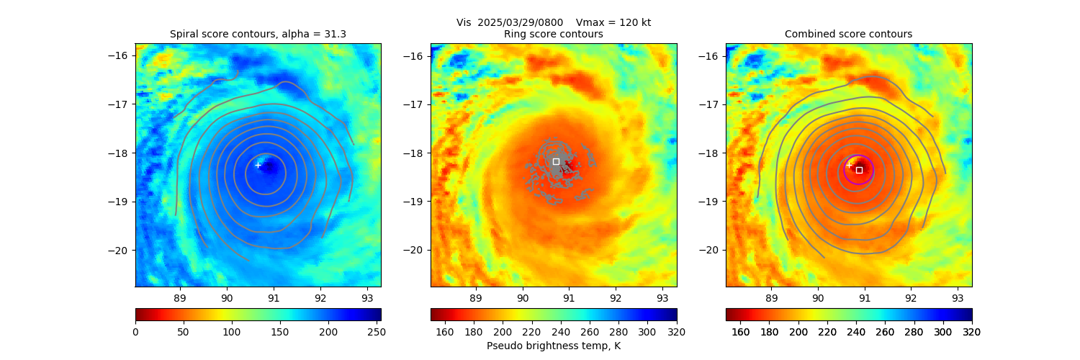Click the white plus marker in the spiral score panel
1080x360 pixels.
click(x=258, y=165)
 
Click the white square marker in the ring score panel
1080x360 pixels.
click(x=556, y=161)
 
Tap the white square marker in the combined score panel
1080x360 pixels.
click(x=859, y=170)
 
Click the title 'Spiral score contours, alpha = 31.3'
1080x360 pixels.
click(x=258, y=34)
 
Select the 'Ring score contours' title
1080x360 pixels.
click(x=554, y=34)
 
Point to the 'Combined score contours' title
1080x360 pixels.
click(x=848, y=34)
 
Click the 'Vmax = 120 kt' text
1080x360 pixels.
click(x=613, y=22)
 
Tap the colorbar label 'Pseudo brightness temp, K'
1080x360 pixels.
click(x=554, y=346)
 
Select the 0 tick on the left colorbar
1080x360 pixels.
click(x=135, y=331)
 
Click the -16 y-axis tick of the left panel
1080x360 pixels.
click(x=121, y=55)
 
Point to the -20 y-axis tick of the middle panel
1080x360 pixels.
click(x=416, y=250)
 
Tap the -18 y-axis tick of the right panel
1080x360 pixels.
click(x=711, y=153)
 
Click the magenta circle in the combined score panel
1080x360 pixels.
click(x=873, y=170)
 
